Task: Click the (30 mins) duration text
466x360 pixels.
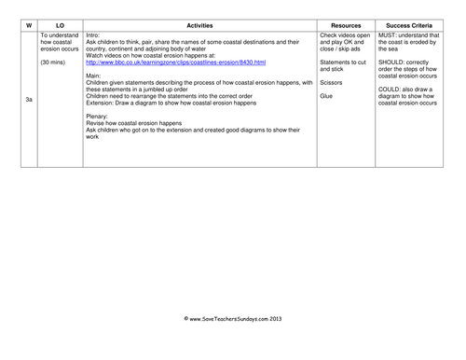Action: click(x=54, y=62)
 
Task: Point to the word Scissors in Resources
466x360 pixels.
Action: click(x=333, y=83)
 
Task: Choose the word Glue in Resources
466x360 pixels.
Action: click(x=326, y=96)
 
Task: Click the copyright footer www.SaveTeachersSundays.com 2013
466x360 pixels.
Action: click(x=232, y=319)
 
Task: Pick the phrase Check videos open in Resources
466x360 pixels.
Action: click(x=345, y=35)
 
